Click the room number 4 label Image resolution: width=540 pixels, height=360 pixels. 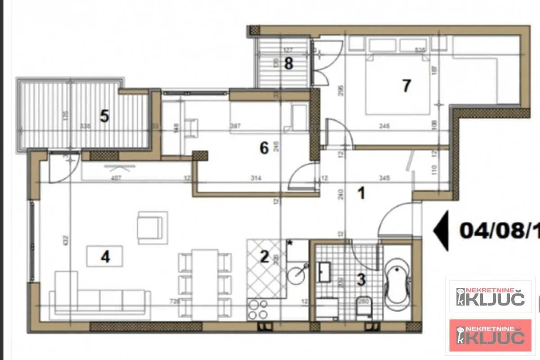pos(105,257)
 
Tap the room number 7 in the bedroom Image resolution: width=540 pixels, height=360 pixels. pos(406,85)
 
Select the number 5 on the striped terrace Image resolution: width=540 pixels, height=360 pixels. pos(104,117)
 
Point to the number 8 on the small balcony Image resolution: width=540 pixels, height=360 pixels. pos(288,64)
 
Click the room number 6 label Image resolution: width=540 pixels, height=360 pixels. pos(264,147)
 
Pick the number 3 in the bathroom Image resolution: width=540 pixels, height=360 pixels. pos(361,279)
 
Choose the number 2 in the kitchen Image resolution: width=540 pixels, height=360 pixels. pos(264,257)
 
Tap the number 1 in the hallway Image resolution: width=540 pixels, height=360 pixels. pos(360,194)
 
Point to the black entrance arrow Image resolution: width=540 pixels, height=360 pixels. pos(441,230)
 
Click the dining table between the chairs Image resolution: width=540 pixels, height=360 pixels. pos(205,283)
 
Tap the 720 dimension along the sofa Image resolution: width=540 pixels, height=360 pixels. pos(175,301)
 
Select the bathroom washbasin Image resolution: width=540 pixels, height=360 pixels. pos(324,270)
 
